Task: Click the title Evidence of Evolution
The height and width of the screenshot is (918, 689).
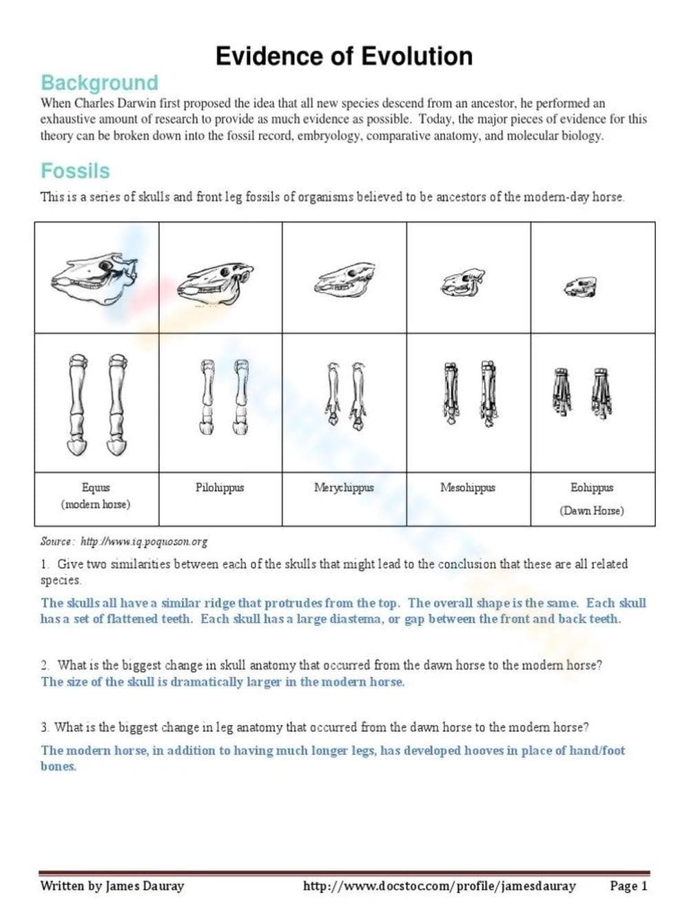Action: coord(344,56)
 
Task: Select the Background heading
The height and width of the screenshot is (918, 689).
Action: coord(99,83)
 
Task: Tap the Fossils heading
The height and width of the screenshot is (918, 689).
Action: coord(75,171)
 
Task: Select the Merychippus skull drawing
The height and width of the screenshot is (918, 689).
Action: coord(344,280)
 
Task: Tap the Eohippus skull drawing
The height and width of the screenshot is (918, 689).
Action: coord(581,286)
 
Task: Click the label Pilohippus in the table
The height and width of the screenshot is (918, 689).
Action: coord(220,488)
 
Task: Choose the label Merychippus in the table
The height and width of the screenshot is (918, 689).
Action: coord(344,488)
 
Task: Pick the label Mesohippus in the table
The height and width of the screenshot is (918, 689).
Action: coord(468,488)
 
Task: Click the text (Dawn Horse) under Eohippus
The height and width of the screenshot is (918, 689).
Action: coord(592,511)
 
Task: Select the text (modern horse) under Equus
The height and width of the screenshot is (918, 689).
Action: coord(96,504)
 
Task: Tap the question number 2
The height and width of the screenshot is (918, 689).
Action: coord(44,665)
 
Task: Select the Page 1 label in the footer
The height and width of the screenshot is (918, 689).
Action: coord(628,886)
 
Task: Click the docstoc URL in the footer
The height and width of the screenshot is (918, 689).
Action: coord(439,886)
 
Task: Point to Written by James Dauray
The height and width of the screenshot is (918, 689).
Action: coord(112,886)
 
